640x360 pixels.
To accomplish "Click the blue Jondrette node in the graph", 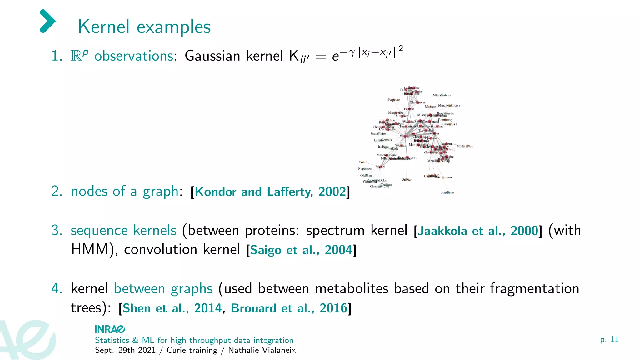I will coord(447,192).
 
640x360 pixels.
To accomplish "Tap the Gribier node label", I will coord(407,180).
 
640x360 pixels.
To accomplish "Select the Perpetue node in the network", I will coord(394,100).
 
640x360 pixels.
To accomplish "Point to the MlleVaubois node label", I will coord(442,95).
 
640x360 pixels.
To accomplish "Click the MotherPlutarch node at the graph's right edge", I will coord(465,146).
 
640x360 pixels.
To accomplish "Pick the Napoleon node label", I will coord(365,169).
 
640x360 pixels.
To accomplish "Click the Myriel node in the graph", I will coord(380,167).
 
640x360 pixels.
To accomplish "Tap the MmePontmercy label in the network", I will coord(449,105).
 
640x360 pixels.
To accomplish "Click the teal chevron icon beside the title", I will coord(48,21).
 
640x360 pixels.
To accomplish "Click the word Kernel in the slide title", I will coord(103,27).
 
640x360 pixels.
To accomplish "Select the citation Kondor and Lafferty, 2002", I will coord(270,192).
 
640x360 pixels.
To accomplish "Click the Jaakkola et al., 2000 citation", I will coord(478,231).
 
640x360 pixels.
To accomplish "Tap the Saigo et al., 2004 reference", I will coord(301,250).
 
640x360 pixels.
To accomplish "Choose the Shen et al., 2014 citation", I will coord(172,308).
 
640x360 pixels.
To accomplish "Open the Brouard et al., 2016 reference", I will coord(289,308).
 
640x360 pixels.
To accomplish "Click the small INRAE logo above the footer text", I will coord(110,329).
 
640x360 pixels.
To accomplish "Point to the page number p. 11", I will coord(609,339).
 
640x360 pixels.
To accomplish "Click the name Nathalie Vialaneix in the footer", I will coord(262,350).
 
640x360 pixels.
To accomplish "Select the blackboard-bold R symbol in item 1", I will coord(76,56).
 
